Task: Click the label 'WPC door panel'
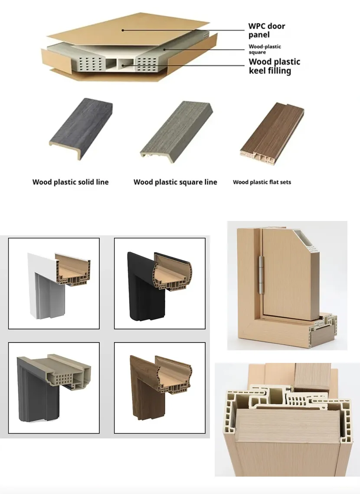pyautogui.click(x=267, y=30)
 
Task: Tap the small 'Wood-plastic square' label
pyautogui.click(x=265, y=49)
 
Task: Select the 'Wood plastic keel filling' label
pyautogui.click(x=274, y=66)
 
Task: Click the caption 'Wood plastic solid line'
pyautogui.click(x=70, y=182)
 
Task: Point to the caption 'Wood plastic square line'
pyautogui.click(x=175, y=182)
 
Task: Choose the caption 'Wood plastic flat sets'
pyautogui.click(x=262, y=182)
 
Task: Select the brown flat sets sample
pyautogui.click(x=272, y=131)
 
